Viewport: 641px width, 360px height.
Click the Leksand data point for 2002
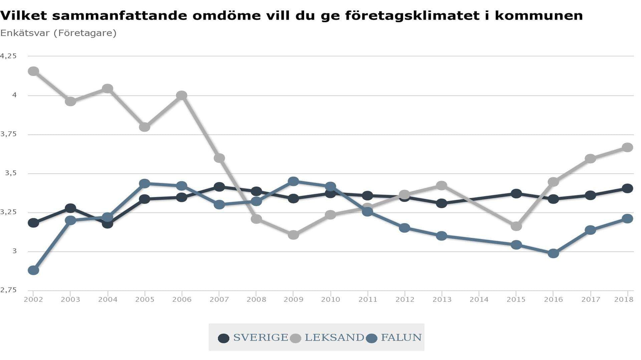(33, 71)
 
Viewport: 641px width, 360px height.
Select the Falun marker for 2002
(33, 270)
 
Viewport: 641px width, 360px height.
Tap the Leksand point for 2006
(182, 95)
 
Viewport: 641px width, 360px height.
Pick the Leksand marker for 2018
(627, 147)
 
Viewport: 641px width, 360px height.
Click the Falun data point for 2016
(553, 253)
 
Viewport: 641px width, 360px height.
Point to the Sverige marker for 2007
(219, 187)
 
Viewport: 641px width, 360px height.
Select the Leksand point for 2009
(293, 235)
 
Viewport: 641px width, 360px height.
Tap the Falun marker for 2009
(293, 182)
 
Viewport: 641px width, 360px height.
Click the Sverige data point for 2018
(627, 189)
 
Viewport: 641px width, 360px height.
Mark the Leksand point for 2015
(516, 226)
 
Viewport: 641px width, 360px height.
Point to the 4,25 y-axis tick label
(8, 56)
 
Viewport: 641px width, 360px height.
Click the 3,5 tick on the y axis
(11, 173)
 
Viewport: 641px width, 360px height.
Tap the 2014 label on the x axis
(479, 300)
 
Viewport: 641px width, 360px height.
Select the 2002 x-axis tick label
(33, 300)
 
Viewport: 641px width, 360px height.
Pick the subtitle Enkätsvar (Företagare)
(58, 33)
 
